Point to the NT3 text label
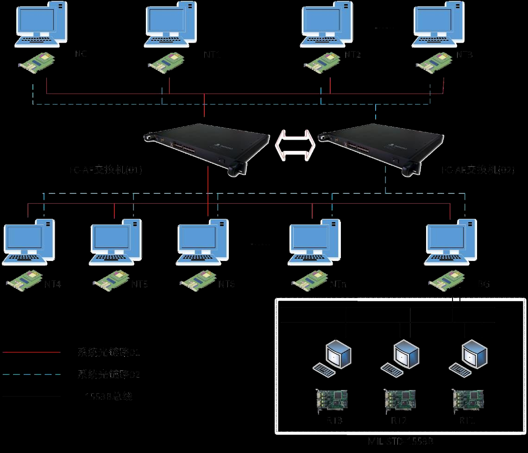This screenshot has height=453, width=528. pyautogui.click(x=465, y=55)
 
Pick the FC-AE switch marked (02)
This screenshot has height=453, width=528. pyautogui.click(x=384, y=146)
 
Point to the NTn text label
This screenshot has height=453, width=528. pyautogui.click(x=337, y=284)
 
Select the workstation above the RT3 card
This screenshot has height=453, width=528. pyautogui.click(x=333, y=356)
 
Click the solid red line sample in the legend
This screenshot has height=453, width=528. pyautogui.click(x=31, y=352)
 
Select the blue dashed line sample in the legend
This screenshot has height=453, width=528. pyautogui.click(x=31, y=374)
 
